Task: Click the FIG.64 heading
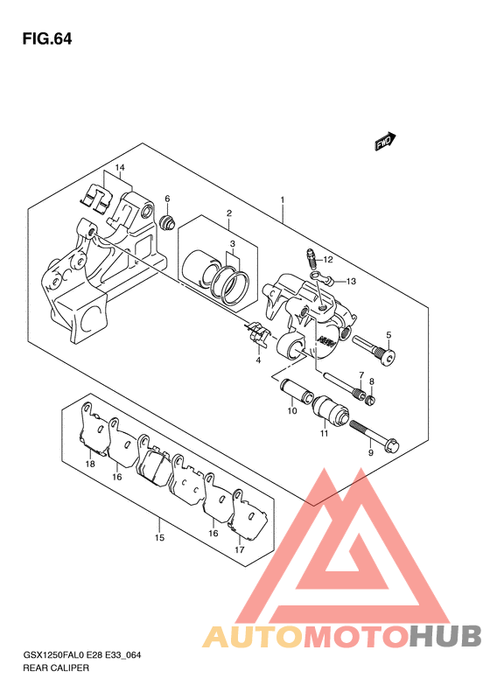(x=46, y=39)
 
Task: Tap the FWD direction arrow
(x=385, y=141)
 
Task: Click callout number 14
(x=120, y=168)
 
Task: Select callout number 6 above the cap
(x=167, y=199)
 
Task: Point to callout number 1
(x=283, y=200)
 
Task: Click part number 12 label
(x=327, y=260)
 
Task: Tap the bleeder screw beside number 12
(x=311, y=258)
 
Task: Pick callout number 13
(x=351, y=282)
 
